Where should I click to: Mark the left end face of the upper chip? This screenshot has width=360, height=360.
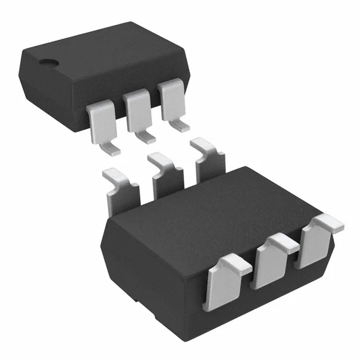click(34, 79)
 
